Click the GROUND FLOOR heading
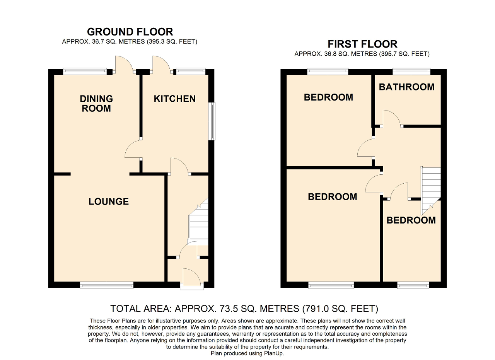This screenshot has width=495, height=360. click(x=130, y=32)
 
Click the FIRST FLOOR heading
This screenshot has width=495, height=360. click(x=362, y=44)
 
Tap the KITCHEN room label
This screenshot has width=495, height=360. click(x=175, y=99)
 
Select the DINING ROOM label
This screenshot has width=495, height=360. click(x=96, y=103)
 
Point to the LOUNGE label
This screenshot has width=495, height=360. click(x=109, y=201)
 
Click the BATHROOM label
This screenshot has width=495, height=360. click(x=407, y=87)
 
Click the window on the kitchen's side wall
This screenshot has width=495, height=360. click(x=212, y=121)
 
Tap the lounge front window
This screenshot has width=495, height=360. click(x=107, y=285)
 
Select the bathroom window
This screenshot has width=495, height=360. click(x=411, y=71)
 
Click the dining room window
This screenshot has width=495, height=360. click(x=85, y=71)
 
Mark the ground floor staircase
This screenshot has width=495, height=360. click(x=198, y=222)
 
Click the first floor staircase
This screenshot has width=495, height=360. click(x=431, y=191)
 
